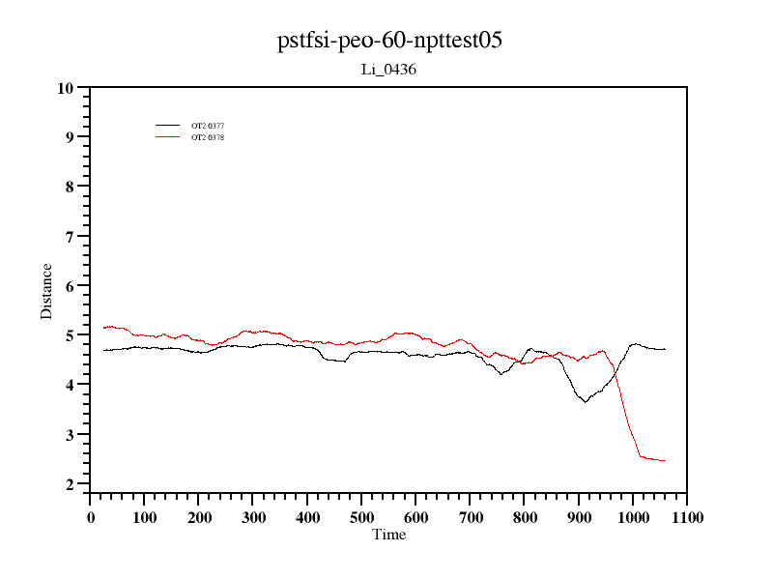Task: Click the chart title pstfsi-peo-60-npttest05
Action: pos(389,41)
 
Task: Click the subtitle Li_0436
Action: pos(388,70)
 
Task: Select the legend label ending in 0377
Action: pos(208,126)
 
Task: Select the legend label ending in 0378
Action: pos(208,137)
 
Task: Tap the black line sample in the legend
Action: pos(168,126)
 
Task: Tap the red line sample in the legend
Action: pos(168,137)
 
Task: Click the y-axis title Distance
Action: pos(46,291)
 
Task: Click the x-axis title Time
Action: pos(389,535)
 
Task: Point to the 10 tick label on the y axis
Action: pos(66,88)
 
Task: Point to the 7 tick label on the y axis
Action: pos(70,237)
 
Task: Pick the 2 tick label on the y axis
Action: pos(70,484)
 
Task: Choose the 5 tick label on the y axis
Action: pos(70,335)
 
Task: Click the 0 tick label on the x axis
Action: pos(91,517)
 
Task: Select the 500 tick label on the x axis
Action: pos(361,517)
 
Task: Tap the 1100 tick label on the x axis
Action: pos(686,517)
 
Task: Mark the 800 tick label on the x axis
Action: pos(524,517)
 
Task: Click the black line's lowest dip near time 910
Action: pos(585,401)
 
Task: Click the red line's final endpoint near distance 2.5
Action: pos(665,460)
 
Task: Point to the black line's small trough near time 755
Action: pos(501,373)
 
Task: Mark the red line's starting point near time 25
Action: pos(103,328)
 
